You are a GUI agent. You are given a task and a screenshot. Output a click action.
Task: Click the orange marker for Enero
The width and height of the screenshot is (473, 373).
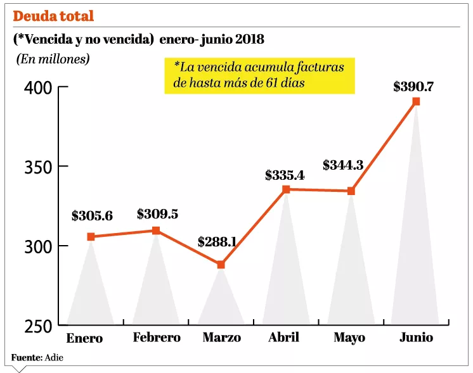tap(91, 236)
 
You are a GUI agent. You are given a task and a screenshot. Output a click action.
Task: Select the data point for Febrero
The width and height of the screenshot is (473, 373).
tap(156, 231)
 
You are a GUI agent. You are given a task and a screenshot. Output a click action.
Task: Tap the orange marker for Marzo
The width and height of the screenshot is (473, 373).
tap(221, 265)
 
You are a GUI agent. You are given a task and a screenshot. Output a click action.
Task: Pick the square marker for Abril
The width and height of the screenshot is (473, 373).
tap(286, 189)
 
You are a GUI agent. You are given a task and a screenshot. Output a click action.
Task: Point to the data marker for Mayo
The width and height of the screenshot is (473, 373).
tap(351, 191)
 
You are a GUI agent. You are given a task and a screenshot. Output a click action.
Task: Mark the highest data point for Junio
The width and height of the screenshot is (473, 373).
tap(416, 101)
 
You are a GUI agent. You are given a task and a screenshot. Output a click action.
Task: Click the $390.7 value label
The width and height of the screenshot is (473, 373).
tap(414, 86)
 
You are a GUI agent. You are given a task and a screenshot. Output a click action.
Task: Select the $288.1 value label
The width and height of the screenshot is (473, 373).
tap(217, 242)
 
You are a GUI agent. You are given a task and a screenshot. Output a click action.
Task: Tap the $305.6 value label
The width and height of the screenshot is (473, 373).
tap(92, 216)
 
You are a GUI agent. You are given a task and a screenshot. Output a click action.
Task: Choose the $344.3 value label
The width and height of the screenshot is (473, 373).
tap(343, 165)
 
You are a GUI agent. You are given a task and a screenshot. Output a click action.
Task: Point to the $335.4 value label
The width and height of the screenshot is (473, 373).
tap(285, 175)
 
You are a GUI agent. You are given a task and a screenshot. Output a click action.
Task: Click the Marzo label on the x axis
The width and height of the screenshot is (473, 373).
tap(221, 338)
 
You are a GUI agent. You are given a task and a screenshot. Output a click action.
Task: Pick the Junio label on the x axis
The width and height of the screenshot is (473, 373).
tap(416, 337)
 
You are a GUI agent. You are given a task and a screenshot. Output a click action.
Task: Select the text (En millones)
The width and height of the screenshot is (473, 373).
tap(53, 59)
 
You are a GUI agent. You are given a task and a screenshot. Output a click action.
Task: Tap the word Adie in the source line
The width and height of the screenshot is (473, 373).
tap(55, 358)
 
